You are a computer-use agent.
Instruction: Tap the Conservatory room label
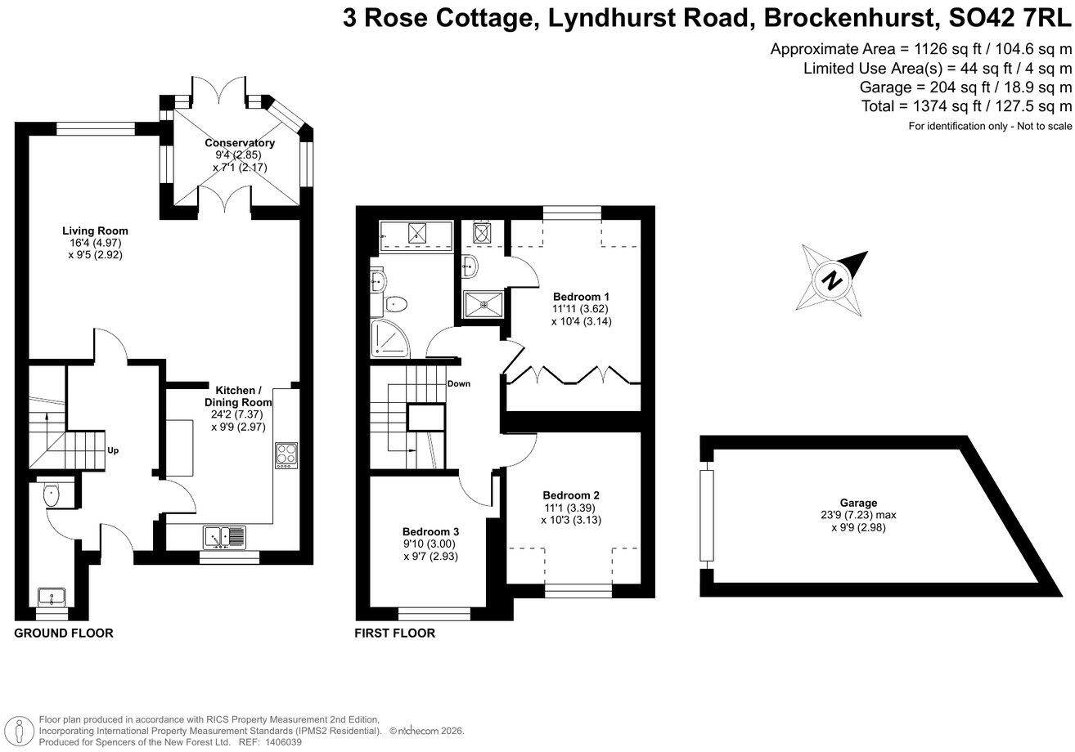tap(240, 143)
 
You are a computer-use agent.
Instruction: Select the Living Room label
tap(95, 231)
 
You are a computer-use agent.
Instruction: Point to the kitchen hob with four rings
tap(286, 455)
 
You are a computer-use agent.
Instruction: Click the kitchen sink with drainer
tap(225, 537)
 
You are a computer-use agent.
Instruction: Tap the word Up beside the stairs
tap(113, 450)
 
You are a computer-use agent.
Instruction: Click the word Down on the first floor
tap(459, 383)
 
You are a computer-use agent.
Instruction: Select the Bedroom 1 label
tap(581, 297)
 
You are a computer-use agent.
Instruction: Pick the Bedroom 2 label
tap(571, 495)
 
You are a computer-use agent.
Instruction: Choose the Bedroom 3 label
tap(430, 531)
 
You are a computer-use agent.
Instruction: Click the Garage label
tap(858, 503)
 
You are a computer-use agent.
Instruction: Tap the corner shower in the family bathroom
tap(390, 338)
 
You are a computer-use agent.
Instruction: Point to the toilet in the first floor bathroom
tap(395, 303)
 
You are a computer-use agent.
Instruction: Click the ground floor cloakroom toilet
tap(51, 495)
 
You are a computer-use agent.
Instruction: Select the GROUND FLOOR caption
tap(64, 633)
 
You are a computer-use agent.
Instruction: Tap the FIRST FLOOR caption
tap(394, 633)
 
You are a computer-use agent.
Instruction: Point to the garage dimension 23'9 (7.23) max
tap(858, 515)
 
